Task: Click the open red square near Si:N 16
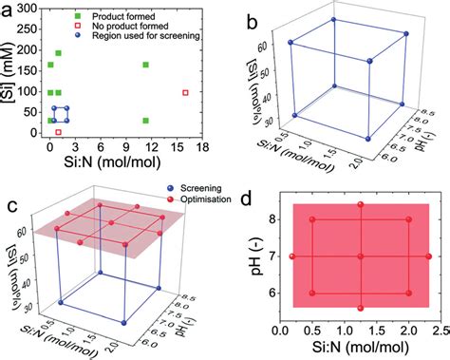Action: tap(186, 93)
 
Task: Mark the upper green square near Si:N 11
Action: tap(145, 66)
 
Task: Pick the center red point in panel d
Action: tap(361, 256)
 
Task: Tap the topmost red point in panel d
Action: tap(361, 205)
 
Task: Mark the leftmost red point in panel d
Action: tap(292, 256)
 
